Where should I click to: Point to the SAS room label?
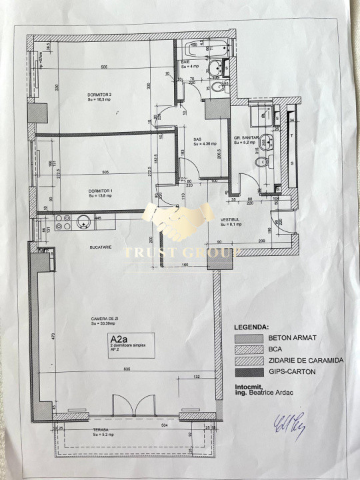pos(197,139)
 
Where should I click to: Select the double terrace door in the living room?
pos(133,403)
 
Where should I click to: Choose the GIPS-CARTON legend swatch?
pos(246,371)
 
